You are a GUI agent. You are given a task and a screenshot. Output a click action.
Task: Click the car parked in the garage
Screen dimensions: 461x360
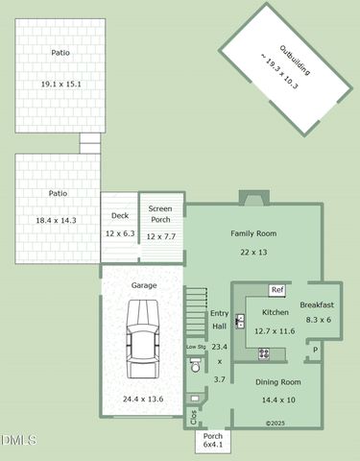pyautogui.click(x=144, y=341)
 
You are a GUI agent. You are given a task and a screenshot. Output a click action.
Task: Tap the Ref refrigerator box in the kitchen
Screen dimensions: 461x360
pyautogui.click(x=277, y=289)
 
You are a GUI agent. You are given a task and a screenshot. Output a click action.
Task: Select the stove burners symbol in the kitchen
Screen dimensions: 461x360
pyautogui.click(x=264, y=353)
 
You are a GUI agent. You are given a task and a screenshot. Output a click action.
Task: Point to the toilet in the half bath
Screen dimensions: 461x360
pyautogui.click(x=195, y=364)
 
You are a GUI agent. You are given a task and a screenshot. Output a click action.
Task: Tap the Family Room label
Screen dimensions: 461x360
pyautogui.click(x=253, y=233)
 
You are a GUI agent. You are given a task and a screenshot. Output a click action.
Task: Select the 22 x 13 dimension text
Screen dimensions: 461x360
pyautogui.click(x=253, y=252)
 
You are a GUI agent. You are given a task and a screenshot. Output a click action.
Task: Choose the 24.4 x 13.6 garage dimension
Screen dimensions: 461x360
pyautogui.click(x=143, y=399)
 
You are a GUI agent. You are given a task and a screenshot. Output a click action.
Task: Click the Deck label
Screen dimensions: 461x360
pyautogui.click(x=120, y=216)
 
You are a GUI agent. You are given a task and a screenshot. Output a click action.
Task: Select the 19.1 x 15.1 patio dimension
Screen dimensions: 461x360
pyautogui.click(x=60, y=85)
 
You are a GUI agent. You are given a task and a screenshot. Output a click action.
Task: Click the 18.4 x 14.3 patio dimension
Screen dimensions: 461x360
pyautogui.click(x=58, y=220)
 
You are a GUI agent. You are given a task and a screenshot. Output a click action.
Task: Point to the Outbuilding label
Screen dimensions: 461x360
pyautogui.click(x=287, y=65)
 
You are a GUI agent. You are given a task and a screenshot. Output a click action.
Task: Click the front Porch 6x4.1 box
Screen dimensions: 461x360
pyautogui.click(x=213, y=441)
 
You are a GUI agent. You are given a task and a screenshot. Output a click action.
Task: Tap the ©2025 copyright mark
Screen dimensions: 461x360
pyautogui.click(x=276, y=423)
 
